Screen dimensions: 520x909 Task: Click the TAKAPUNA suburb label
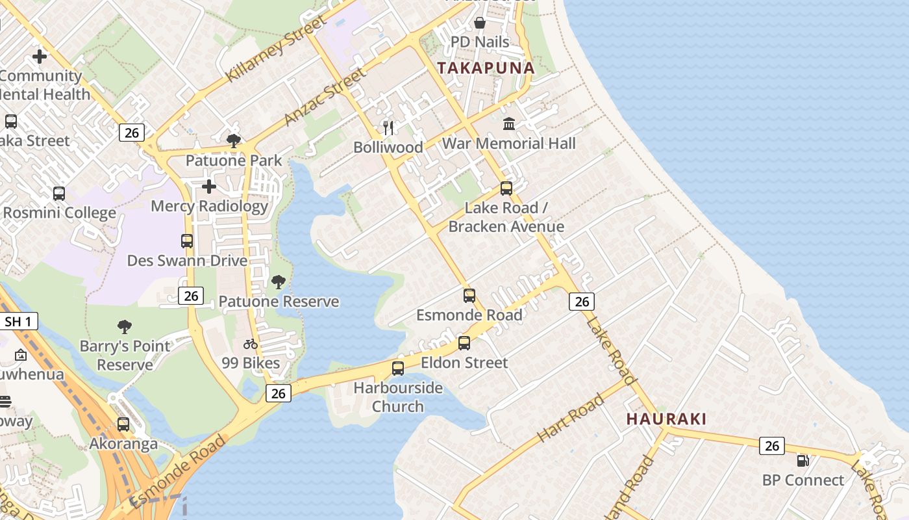click(x=486, y=68)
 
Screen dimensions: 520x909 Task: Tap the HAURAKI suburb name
click(x=666, y=419)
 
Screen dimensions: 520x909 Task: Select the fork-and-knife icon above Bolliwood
click(x=388, y=127)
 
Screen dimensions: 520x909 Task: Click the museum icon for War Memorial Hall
click(x=509, y=123)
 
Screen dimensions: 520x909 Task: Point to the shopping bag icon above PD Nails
click(x=480, y=23)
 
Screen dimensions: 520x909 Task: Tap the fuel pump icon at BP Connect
click(x=803, y=461)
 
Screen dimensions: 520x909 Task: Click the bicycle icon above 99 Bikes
click(x=251, y=344)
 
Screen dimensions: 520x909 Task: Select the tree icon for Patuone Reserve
click(x=279, y=282)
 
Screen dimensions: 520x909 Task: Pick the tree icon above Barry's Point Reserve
click(x=125, y=326)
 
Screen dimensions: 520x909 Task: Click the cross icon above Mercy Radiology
click(x=208, y=187)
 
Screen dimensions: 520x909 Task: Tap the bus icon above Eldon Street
click(x=464, y=343)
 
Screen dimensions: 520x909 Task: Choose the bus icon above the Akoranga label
click(x=123, y=424)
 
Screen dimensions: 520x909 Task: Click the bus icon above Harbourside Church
click(x=398, y=369)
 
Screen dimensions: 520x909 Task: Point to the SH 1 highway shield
click(x=19, y=321)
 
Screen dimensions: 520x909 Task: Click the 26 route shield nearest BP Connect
click(x=771, y=445)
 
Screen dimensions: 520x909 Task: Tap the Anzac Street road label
click(x=325, y=97)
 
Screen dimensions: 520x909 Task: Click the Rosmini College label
click(x=59, y=213)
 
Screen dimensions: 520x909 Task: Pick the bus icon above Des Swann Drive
click(x=187, y=241)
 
